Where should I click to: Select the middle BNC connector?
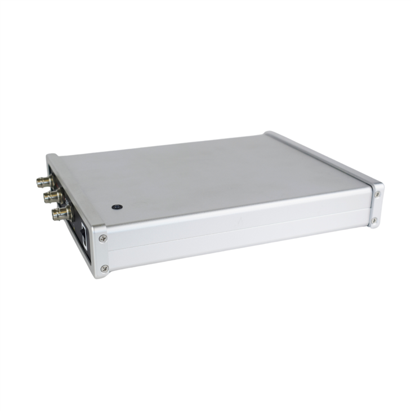pos(54,196)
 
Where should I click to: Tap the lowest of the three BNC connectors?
pos(62,213)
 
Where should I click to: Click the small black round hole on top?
pos(117,207)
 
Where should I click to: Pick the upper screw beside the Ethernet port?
pos(102,239)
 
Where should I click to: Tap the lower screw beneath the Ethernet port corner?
pos(104,269)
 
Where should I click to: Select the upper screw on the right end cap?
pos(377,194)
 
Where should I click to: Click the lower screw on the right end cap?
pos(374,220)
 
